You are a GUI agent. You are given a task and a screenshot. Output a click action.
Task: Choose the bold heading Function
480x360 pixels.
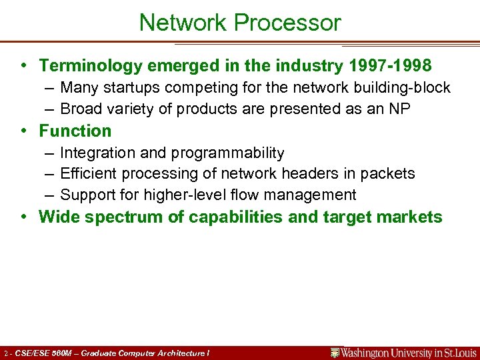pos(75,131)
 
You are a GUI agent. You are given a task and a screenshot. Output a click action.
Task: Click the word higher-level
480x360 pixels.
pos(174,195)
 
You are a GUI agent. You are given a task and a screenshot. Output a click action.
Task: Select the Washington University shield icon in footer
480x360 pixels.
pos(335,353)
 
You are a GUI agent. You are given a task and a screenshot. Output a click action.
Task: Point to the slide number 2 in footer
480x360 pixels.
pos(5,353)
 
